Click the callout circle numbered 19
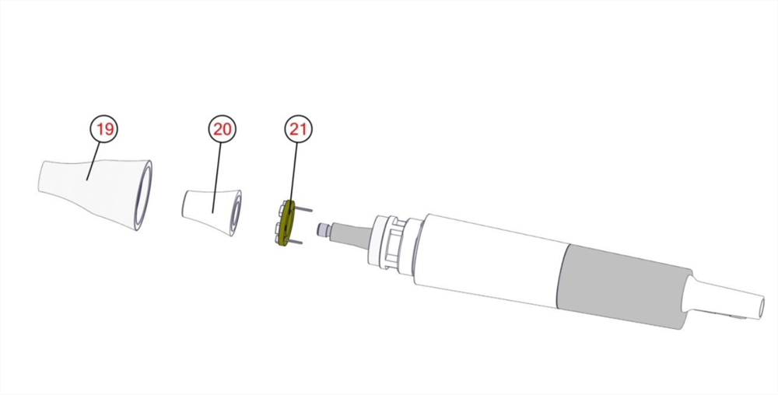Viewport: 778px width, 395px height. pos(104,129)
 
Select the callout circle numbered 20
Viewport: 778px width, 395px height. pos(223,129)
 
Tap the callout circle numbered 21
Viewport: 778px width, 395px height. pos(298,129)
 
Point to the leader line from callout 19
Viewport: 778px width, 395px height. pos(94,161)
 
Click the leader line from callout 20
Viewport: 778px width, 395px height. pos(217,178)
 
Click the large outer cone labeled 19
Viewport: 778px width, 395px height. pos(95,194)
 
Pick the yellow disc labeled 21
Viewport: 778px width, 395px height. pos(286,223)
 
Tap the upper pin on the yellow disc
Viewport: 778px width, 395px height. pos(303,210)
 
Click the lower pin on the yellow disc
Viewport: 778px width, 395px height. pos(295,241)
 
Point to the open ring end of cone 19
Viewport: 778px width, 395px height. pos(145,195)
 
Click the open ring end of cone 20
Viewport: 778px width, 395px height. pos(237,213)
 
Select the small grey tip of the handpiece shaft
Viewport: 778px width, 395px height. pos(324,229)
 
